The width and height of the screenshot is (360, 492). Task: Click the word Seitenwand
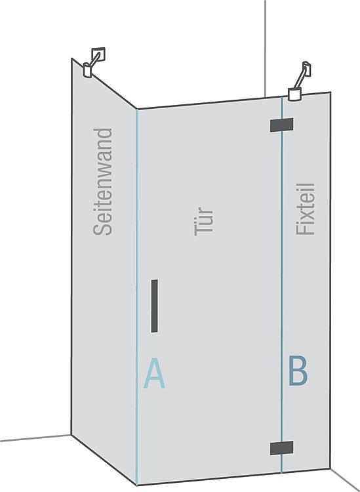pos(102,182)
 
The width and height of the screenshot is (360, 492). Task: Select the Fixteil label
pos(305,209)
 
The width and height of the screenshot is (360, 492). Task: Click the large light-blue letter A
pos(154,373)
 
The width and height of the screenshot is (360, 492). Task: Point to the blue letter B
pos(298,370)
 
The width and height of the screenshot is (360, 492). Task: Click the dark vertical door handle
pos(154,306)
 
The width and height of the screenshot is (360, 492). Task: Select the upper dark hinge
pos(281,125)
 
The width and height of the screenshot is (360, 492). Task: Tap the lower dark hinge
pos(281,448)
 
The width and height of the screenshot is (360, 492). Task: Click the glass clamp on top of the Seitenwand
pos(87,70)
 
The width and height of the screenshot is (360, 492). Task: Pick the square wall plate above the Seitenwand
pos(98,54)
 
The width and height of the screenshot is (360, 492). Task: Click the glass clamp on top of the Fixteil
pos(295,94)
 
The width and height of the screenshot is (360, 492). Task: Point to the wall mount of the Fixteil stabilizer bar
pos(307,68)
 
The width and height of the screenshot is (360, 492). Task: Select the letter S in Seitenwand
pos(102,229)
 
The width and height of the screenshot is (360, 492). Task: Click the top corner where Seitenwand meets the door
pos(137,109)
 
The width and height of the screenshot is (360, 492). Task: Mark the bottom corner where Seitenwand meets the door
pos(137,485)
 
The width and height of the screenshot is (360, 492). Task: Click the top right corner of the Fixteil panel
pos(330,92)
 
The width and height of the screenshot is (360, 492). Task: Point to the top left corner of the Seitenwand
pos(72,58)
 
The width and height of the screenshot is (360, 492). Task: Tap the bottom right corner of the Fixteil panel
pos(330,469)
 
